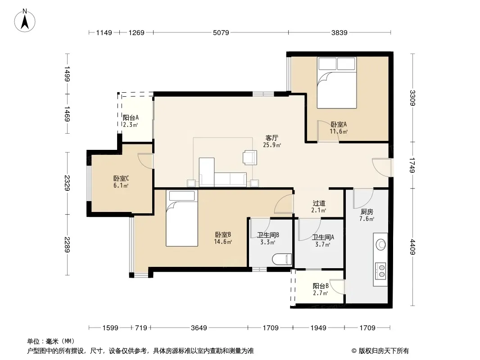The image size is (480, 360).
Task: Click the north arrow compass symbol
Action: coord(25,20)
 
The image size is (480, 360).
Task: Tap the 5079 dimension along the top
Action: coord(221,32)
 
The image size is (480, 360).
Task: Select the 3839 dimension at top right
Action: coord(339,32)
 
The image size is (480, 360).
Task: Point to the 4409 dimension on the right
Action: coord(412,247)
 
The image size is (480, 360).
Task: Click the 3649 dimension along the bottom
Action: coord(199,328)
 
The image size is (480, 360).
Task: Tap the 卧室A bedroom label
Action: coord(339,125)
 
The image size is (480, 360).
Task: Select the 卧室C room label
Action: coord(121,178)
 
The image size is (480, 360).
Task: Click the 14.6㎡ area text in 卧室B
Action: coord(223,242)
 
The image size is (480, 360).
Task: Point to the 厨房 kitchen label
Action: coord(367,211)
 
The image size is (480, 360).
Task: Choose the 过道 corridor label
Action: coord(319,203)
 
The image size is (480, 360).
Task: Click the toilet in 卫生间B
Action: coord(281,259)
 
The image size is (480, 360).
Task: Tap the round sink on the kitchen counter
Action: coord(381,244)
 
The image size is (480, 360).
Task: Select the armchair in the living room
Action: coord(250,157)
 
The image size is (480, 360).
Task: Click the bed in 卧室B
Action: coord(182,218)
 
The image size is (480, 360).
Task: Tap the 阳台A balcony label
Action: coord(131,118)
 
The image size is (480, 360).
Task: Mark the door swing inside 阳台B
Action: coord(337,287)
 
